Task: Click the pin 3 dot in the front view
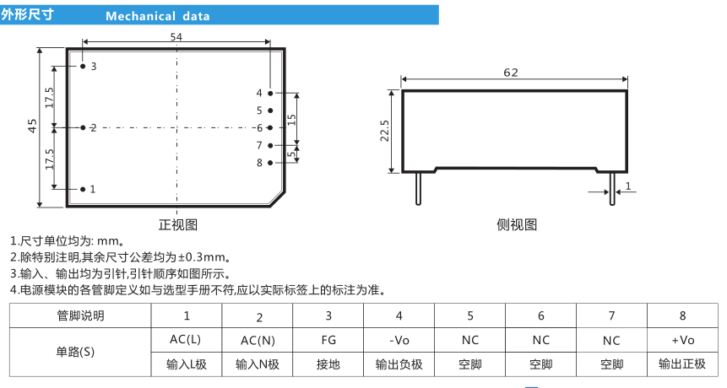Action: coord(83,66)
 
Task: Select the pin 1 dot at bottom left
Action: coord(83,189)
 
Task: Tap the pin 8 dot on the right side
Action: coord(270,163)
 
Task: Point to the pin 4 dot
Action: coord(270,93)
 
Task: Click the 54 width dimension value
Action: coord(176,36)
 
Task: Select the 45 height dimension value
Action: coord(32,126)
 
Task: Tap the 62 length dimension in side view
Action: coord(511,73)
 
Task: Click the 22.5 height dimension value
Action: coord(384,131)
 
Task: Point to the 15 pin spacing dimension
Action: coord(291,120)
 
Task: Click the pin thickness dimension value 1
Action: coord(628,186)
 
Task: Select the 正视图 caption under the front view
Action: coord(178,225)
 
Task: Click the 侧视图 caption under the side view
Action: coord(517,225)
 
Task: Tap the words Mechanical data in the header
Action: coord(158,16)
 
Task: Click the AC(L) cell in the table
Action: coord(186,339)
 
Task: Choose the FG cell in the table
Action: coord(328,340)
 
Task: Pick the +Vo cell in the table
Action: coord(682,340)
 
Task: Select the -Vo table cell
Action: coord(399,340)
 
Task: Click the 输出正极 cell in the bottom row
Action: coord(682,364)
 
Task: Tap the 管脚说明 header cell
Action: coord(81,315)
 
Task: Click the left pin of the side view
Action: coord(418,188)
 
